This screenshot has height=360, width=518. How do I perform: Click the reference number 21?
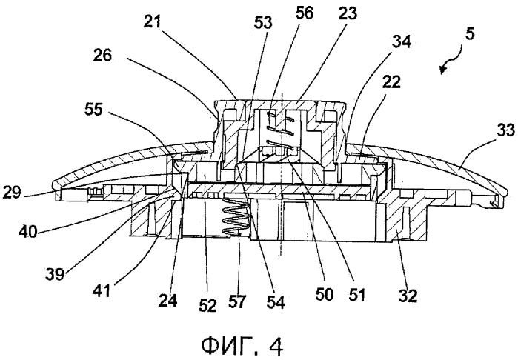point(152,22)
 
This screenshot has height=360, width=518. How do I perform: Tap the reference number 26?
point(102,55)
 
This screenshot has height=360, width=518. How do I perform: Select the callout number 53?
point(263,23)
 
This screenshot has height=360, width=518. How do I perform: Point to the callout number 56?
point(304,13)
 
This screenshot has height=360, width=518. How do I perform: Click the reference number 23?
point(348,13)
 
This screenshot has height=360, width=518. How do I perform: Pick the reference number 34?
point(402,42)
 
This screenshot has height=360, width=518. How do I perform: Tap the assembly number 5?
point(470,33)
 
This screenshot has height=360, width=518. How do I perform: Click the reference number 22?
point(391,81)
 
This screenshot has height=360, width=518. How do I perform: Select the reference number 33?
point(506,130)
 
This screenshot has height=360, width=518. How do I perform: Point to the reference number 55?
point(93,109)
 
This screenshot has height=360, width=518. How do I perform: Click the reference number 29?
point(12,192)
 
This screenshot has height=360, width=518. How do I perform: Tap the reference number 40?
point(28,232)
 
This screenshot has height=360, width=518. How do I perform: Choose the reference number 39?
point(55,274)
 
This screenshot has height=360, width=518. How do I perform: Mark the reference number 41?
point(102,290)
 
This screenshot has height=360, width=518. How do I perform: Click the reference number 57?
point(237,301)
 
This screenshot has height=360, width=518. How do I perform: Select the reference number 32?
point(408,296)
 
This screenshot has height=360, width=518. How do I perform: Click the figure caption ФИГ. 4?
point(242,346)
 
